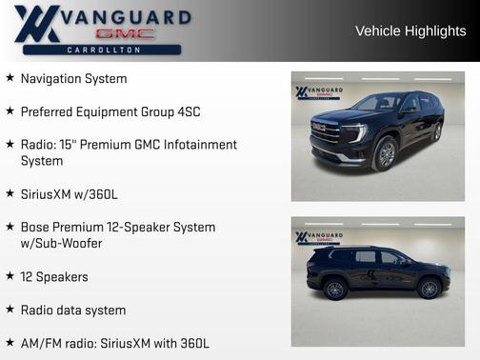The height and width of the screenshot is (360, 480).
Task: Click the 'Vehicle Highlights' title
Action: pyautogui.click(x=410, y=30)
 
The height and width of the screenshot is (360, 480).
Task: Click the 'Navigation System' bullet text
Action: pyautogui.click(x=73, y=78)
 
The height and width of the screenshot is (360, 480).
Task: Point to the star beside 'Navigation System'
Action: pyautogui.click(x=10, y=77)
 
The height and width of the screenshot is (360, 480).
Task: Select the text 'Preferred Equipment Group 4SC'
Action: pyautogui.click(x=110, y=111)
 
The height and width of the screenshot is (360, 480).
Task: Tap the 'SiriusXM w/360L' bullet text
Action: pyautogui.click(x=70, y=194)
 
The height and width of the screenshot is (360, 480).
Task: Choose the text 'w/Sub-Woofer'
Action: pyautogui.click(x=61, y=243)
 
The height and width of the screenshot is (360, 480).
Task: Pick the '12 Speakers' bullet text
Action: pyautogui.click(x=54, y=276)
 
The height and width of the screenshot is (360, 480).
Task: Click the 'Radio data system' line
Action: pyautogui.click(x=73, y=310)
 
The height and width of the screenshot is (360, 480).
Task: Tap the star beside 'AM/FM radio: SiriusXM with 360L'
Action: pyautogui.click(x=10, y=342)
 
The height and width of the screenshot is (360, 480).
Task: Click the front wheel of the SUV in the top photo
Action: pyautogui.click(x=385, y=153)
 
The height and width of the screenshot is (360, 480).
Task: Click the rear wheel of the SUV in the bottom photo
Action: pyautogui.click(x=335, y=288)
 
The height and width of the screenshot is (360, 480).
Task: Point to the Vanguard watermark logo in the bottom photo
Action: pyautogui.click(x=319, y=237)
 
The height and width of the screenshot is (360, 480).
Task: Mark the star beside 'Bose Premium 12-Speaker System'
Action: pyautogui.click(x=10, y=227)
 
